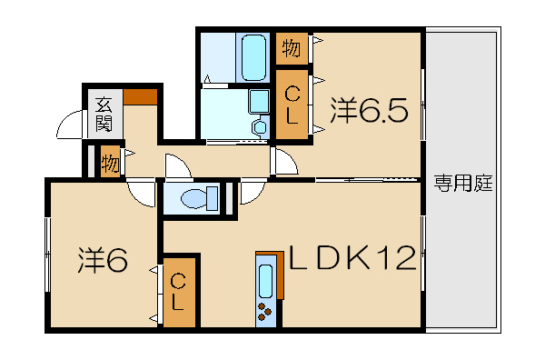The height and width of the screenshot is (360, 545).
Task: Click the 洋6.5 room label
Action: click(x=369, y=110)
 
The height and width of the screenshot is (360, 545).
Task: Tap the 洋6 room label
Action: click(x=103, y=259)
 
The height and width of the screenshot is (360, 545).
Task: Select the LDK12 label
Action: click(x=352, y=257)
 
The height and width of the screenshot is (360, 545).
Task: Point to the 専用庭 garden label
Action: click(x=463, y=184)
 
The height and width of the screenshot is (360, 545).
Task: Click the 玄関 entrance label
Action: click(x=104, y=115)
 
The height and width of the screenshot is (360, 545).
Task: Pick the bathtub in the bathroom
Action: click(x=253, y=58)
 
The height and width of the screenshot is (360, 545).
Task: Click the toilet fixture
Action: click(x=200, y=198)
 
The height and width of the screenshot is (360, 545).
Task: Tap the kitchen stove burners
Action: click(x=265, y=311)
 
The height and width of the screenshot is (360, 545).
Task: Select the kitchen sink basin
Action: click(x=266, y=281)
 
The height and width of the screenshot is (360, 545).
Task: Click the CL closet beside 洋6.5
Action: click(x=292, y=105)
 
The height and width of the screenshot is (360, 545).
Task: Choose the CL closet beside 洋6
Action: click(x=179, y=292)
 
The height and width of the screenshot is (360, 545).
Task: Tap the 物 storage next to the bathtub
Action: click(x=292, y=48)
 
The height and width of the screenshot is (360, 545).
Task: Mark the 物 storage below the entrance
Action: click(x=110, y=162)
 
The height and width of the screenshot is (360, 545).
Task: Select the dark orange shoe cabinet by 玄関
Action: click(x=141, y=96)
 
